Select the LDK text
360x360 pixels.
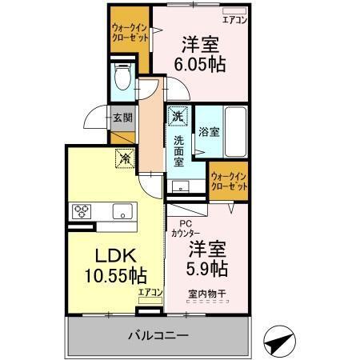(115, 257)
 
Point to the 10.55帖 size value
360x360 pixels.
(115, 276)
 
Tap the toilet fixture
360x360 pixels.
(122, 77)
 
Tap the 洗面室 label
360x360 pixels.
(179, 149)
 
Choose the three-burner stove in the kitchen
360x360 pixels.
(82, 212)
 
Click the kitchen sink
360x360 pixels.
(122, 212)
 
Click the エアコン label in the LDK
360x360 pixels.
(150, 292)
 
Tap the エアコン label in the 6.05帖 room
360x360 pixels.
(234, 18)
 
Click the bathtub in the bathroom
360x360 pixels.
(235, 131)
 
